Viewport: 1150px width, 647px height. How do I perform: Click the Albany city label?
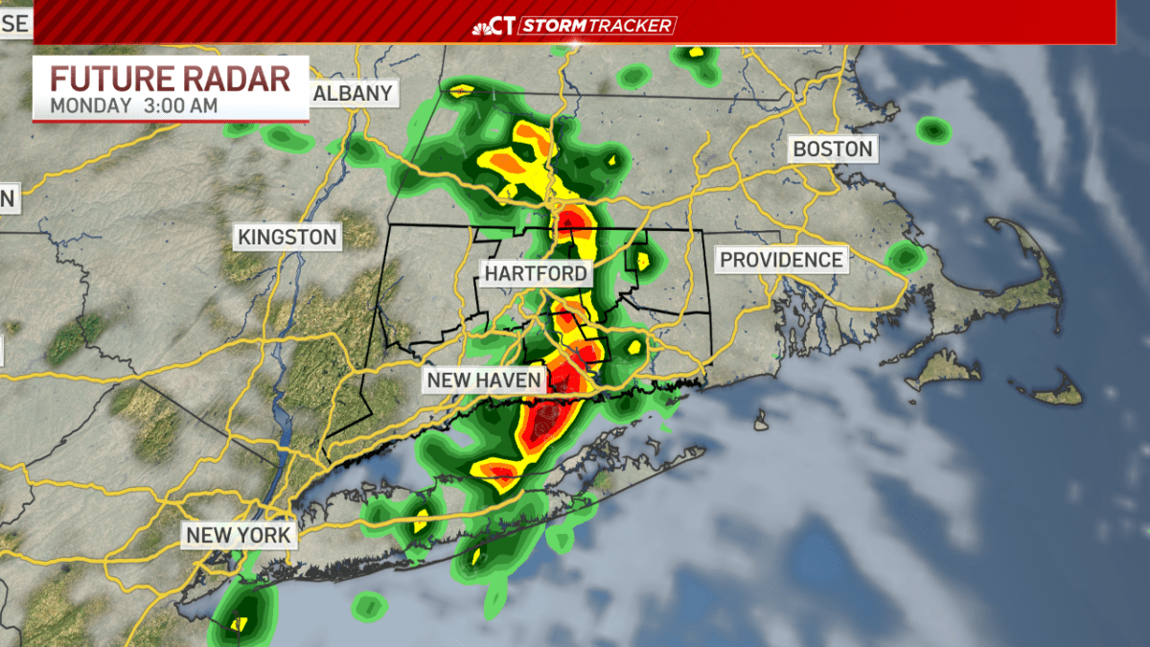[353, 93]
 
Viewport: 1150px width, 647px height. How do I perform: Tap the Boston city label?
[832, 149]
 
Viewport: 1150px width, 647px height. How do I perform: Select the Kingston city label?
[287, 237]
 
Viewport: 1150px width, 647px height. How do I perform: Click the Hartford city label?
[535, 273]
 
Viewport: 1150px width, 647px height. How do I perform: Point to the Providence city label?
[781, 259]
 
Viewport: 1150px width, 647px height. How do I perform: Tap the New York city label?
[238, 535]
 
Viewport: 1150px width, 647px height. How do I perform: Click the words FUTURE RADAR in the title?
[170, 79]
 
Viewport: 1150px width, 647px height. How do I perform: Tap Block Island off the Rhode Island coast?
[762, 421]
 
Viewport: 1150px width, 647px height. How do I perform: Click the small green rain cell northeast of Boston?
[931, 129]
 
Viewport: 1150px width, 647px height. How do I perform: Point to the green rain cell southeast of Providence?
[904, 257]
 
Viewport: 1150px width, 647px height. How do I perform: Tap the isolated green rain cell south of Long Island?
[368, 606]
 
